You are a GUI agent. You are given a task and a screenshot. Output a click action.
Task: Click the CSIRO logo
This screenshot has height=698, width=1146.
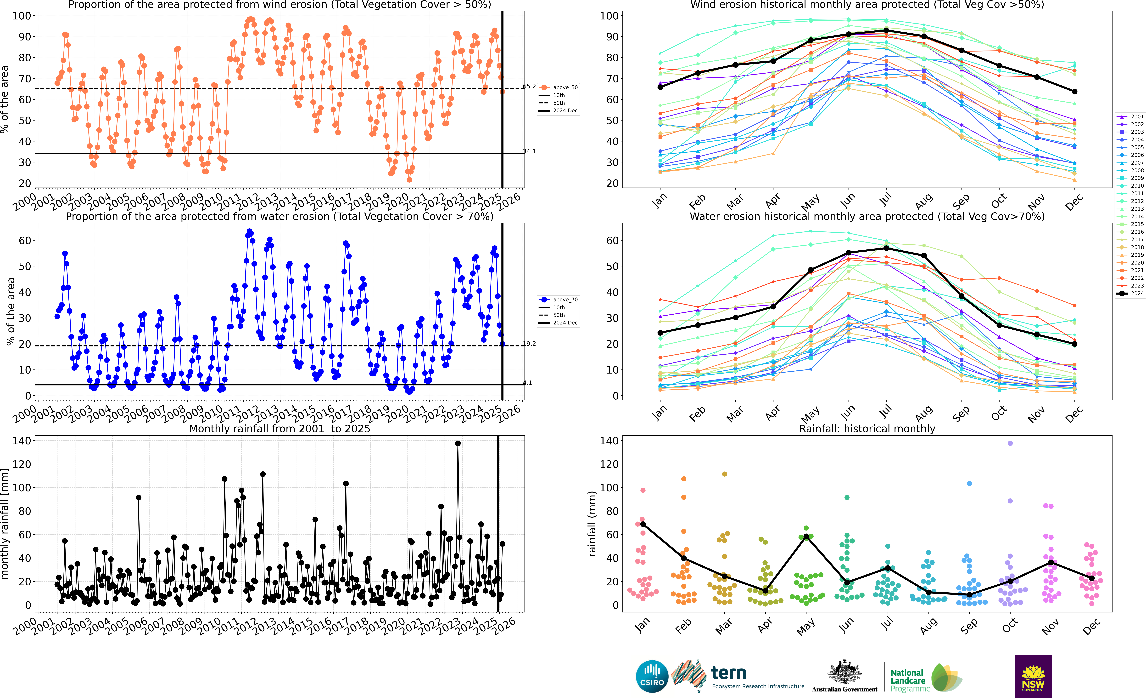tap(652, 676)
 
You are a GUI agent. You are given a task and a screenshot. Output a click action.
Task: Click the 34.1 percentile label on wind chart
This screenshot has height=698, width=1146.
tap(529, 151)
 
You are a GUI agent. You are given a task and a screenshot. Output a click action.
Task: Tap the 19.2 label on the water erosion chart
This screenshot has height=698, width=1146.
tap(529, 344)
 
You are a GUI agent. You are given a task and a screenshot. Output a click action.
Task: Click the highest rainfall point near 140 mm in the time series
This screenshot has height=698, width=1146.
tap(458, 444)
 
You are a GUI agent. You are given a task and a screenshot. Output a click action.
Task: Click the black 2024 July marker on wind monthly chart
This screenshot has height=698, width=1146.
tap(886, 30)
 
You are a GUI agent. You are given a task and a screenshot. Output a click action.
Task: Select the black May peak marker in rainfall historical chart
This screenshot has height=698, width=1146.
tap(806, 536)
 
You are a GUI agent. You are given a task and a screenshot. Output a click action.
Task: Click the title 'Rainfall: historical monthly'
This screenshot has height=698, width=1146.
tap(867, 429)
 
